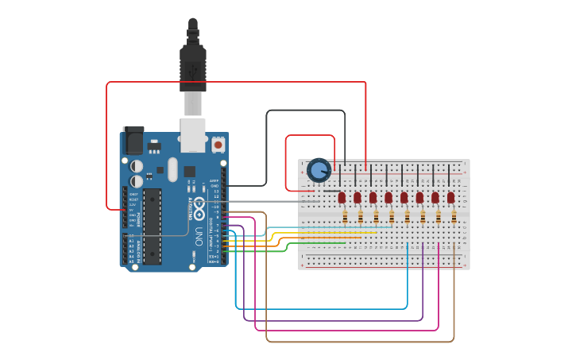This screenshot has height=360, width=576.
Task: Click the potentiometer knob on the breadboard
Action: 319,170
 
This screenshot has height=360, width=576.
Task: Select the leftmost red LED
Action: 342,197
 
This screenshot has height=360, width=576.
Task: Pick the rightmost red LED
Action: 450,197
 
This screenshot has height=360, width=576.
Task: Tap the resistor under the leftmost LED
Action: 345,216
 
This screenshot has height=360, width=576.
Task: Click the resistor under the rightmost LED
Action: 454,216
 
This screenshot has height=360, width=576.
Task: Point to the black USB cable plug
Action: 193,64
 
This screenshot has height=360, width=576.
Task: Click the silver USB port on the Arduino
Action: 193,135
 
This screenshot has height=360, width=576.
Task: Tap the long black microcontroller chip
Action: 152,226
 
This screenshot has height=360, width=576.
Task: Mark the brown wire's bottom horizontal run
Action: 358,342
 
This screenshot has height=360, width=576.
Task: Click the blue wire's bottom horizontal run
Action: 318,308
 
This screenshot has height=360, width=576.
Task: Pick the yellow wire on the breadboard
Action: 318,234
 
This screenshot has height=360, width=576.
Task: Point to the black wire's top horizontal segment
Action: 306,111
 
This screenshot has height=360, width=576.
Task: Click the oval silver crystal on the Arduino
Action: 172,168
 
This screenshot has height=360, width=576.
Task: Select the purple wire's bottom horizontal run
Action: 334,320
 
